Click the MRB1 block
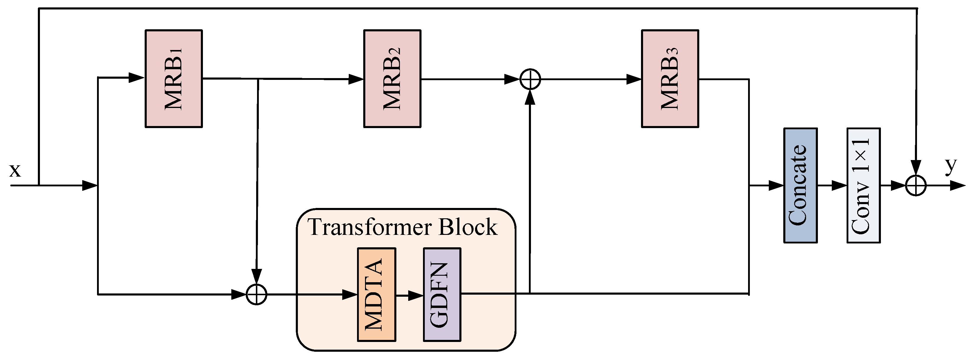[174, 78]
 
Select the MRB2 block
[392, 78]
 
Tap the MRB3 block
[670, 78]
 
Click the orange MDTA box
[376, 294]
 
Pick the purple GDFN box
[442, 294]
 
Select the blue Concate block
[800, 185]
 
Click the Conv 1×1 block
[863, 185]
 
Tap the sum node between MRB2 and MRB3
[530, 79]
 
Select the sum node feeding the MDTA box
[256, 294]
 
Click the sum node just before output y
[916, 185]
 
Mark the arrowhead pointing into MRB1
[137, 78]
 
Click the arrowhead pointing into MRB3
[634, 79]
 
